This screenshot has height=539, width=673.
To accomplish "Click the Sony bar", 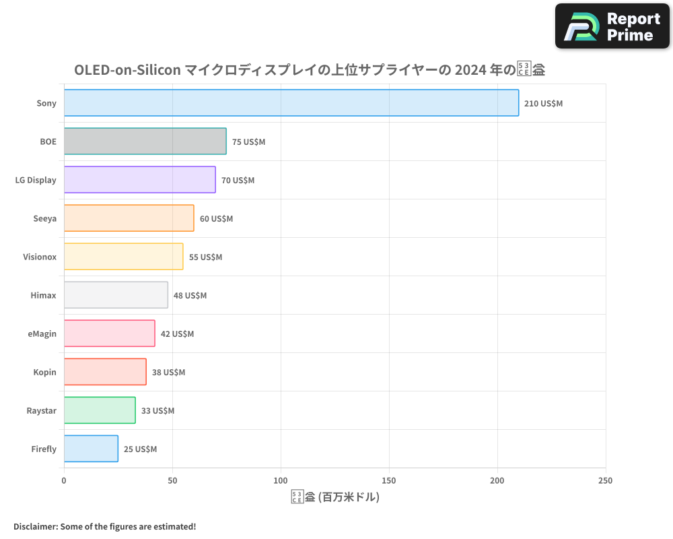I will (x=291, y=103).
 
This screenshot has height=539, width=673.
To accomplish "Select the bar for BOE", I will (x=145, y=141).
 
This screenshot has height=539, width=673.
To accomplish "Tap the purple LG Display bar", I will (x=139, y=180).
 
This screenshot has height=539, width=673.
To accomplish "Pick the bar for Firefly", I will (x=91, y=449).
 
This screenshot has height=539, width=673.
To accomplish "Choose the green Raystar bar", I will (x=100, y=410).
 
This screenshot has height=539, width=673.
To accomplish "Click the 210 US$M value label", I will (x=543, y=104).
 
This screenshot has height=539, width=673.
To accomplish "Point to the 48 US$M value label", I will (x=190, y=296).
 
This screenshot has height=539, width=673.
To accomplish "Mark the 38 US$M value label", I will (x=168, y=373).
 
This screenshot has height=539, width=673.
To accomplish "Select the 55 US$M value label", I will (x=205, y=257).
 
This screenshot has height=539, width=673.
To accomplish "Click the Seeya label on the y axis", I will (x=45, y=218).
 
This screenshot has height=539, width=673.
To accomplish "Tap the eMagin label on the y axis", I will (x=42, y=334).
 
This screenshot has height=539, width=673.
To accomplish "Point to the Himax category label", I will (x=44, y=295).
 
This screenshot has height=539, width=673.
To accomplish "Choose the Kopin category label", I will (x=45, y=372).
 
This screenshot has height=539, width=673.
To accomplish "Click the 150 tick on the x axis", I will (x=389, y=480).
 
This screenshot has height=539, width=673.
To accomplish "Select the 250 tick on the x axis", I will (x=605, y=480).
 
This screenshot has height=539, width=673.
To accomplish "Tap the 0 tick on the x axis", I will (x=64, y=480).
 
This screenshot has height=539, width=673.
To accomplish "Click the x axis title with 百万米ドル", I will (x=335, y=498).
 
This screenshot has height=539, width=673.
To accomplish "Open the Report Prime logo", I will (x=612, y=26).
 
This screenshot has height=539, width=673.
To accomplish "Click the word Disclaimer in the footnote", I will (x=34, y=526).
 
